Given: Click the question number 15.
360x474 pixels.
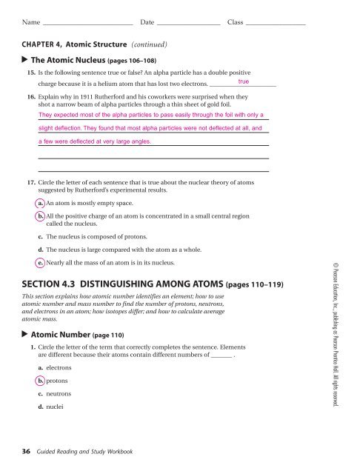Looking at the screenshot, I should pyautogui.click(x=30, y=74).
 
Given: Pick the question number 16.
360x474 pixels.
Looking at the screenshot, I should pyautogui.click(x=30, y=97).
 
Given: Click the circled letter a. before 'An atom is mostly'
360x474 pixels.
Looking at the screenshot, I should pyautogui.click(x=40, y=201).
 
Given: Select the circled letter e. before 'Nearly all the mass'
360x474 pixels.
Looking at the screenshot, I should pyautogui.click(x=40, y=262).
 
